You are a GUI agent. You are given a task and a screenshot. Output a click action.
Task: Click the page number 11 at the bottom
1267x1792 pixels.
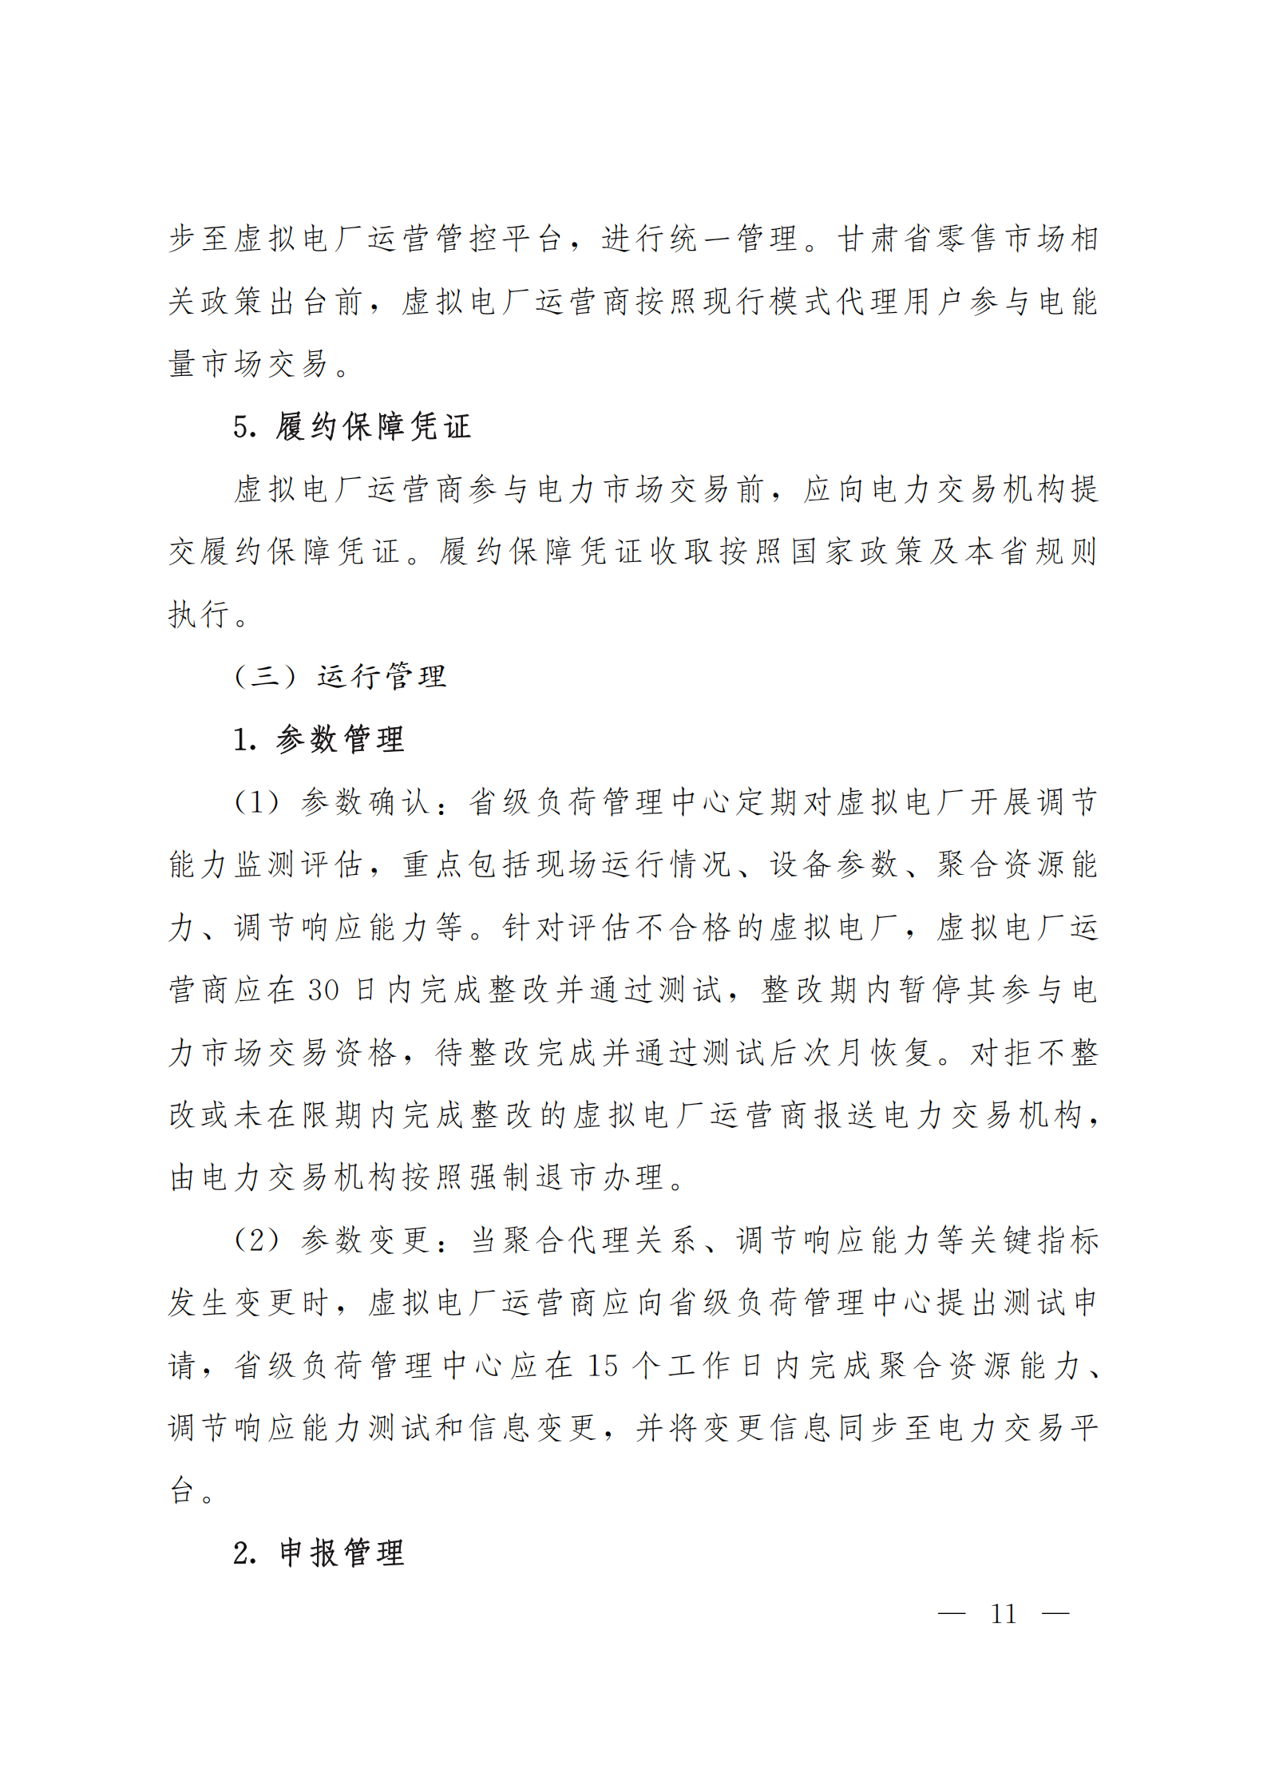(1003, 1614)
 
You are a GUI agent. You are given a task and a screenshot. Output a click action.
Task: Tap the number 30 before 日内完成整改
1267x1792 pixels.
(323, 990)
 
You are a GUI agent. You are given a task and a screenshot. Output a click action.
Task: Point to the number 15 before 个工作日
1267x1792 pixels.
(603, 1366)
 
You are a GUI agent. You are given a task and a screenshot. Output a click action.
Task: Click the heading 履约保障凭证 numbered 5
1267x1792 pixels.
(373, 426)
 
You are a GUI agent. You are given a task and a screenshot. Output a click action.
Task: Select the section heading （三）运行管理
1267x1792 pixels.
(340, 676)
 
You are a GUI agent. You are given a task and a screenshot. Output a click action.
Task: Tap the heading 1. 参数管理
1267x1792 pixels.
(319, 739)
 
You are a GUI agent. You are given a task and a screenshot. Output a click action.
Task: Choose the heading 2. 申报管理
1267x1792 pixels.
(319, 1553)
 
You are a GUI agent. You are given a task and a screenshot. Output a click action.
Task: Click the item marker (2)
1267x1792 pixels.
(256, 1240)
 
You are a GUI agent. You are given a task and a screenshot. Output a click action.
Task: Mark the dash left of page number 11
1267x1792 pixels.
(951, 1614)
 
